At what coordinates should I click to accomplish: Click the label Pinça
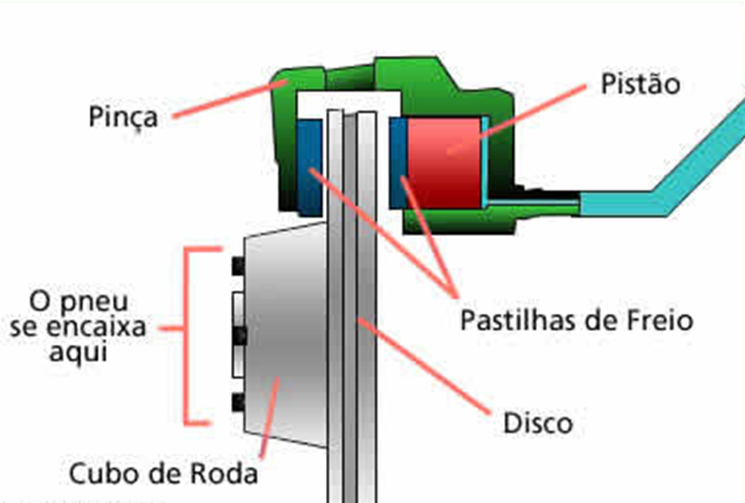click(123, 117)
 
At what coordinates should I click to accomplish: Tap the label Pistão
click(640, 86)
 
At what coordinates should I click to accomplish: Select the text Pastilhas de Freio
click(576, 320)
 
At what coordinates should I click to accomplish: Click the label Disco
click(537, 422)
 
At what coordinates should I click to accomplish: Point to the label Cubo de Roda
click(163, 473)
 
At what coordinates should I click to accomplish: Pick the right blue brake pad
click(397, 163)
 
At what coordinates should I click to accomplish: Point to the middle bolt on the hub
click(240, 335)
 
